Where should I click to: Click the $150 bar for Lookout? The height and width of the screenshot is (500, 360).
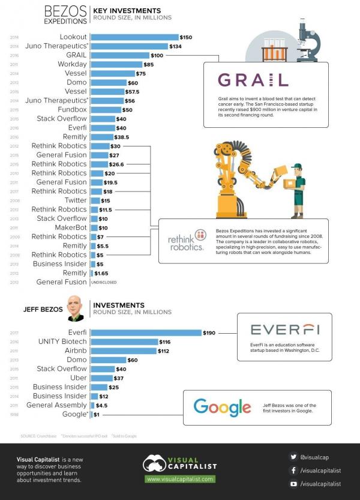(134, 37)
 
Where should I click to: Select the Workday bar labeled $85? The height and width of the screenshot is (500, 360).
(116, 64)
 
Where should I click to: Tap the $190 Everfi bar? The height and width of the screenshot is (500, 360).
(146, 333)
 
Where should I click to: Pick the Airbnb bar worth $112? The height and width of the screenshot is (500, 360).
(122, 351)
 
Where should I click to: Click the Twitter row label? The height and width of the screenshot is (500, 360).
(76, 200)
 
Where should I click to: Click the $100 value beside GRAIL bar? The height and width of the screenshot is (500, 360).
(158, 55)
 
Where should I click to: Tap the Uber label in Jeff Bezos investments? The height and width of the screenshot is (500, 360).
(79, 378)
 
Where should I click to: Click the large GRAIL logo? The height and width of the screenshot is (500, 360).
(253, 80)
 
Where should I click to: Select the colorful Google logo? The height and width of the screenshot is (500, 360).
(222, 407)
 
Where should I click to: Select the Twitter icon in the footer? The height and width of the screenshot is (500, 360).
(293, 457)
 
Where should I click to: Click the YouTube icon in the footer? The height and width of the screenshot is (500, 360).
(293, 483)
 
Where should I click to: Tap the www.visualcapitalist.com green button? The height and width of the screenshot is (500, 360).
(180, 479)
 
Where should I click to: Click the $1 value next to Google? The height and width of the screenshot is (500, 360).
(96, 414)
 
